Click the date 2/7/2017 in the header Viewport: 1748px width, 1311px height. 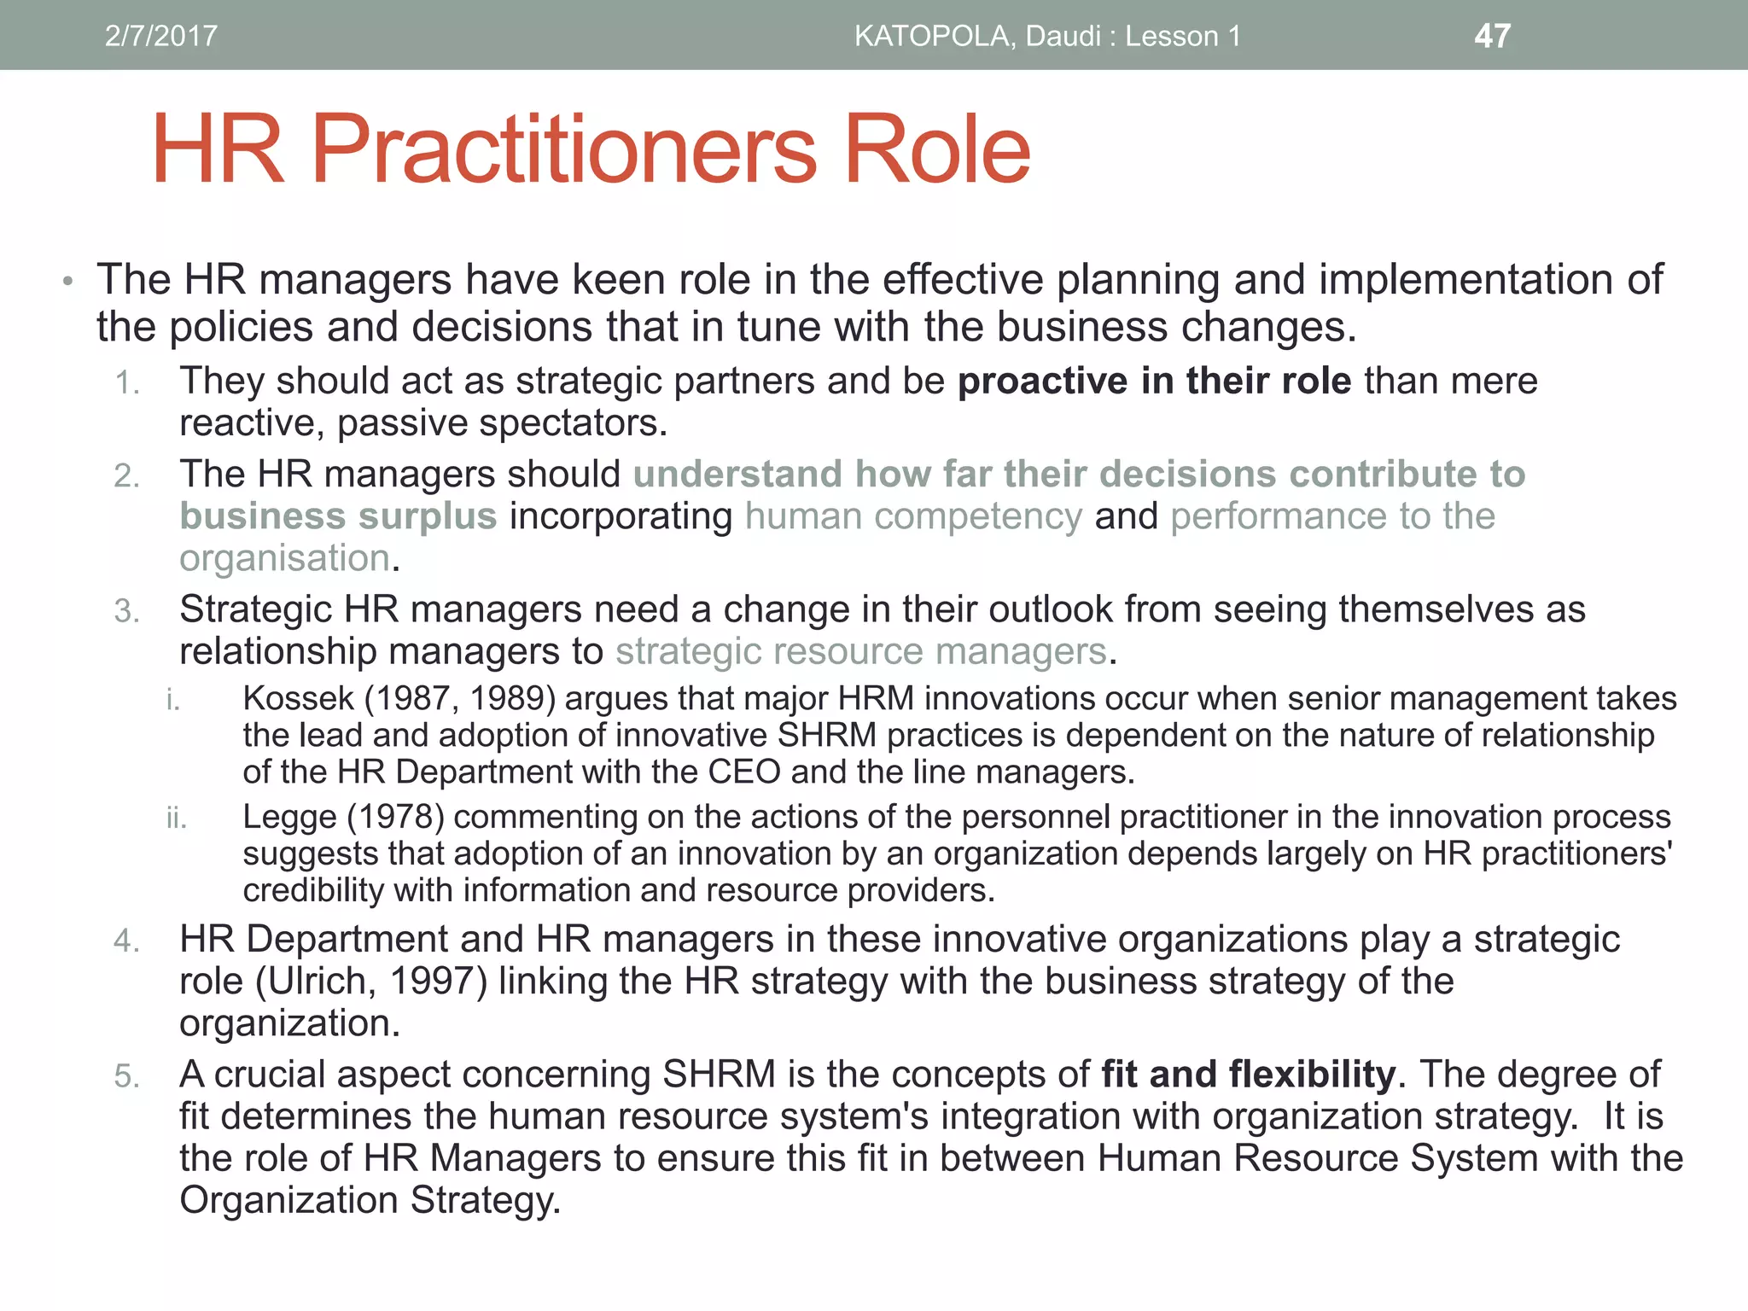pos(160,36)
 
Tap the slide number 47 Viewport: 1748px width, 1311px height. pos(1492,36)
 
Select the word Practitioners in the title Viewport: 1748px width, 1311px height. pos(564,151)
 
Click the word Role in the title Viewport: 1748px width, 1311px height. pos(936,151)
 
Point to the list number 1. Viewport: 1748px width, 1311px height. pos(126,383)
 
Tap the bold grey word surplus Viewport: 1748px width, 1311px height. pos(428,516)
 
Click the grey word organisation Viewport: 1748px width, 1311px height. pos(285,558)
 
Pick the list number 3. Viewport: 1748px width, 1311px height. pos(126,611)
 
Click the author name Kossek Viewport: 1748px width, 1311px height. pos(298,698)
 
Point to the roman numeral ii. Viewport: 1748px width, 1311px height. pos(176,819)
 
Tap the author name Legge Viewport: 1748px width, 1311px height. pos(289,818)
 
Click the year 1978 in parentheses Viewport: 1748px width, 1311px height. pos(396,817)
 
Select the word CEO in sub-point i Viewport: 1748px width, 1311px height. pos(743,772)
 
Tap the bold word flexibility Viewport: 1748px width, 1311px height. pos(1312,1074)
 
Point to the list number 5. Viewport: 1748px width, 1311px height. pos(126,1076)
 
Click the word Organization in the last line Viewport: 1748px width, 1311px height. pos(288,1200)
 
